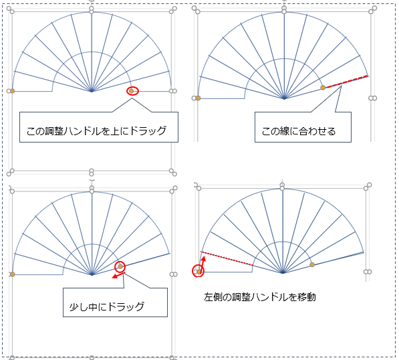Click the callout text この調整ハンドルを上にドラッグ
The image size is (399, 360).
(96, 131)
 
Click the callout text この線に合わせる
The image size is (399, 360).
(299, 131)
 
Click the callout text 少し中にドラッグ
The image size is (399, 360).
(107, 306)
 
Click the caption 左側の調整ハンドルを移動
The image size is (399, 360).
(259, 297)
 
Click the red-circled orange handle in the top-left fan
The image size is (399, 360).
(131, 91)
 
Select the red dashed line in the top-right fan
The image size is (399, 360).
(347, 82)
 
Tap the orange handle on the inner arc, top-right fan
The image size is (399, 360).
(323, 88)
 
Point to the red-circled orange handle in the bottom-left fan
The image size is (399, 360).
(120, 266)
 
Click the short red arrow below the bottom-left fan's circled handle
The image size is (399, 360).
(118, 276)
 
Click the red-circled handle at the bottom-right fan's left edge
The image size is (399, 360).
(198, 272)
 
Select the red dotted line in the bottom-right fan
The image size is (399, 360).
(227, 258)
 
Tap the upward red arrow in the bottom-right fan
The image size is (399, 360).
(202, 264)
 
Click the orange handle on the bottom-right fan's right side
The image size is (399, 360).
(312, 265)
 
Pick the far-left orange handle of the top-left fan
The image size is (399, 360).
(12, 91)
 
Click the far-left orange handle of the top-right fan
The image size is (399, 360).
(198, 98)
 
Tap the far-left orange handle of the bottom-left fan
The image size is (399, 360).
(12, 274)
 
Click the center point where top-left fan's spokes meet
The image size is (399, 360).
(92, 91)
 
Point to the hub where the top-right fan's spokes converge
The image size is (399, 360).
(284, 98)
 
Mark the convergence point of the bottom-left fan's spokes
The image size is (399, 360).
(92, 274)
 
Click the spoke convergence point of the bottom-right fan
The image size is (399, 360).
(283, 272)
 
